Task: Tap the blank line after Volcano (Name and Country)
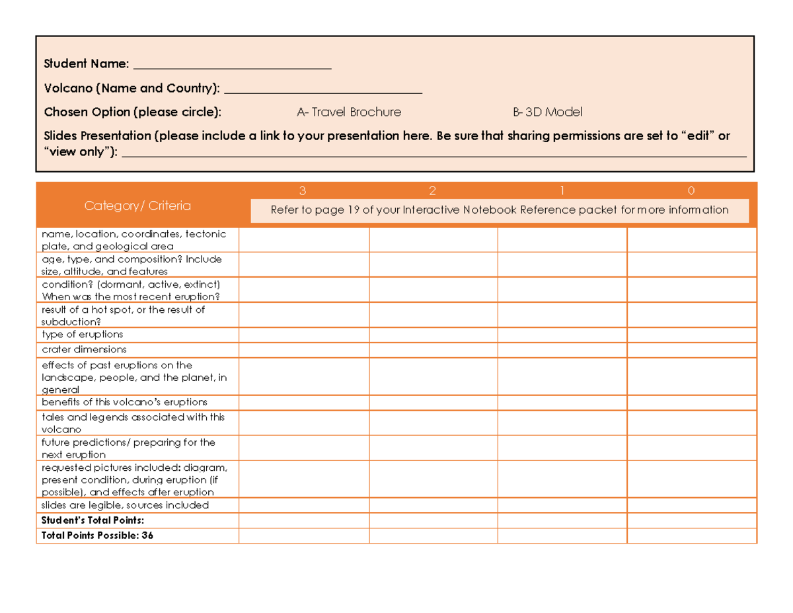323,90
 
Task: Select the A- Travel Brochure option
349,112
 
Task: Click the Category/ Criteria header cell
137,206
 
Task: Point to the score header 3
303,191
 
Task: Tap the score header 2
432,191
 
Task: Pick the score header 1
562,191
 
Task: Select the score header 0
691,191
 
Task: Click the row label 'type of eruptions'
83,335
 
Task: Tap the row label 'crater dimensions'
84,349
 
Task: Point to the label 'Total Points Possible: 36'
97,536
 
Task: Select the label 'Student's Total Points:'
93,520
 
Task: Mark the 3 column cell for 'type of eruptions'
303,335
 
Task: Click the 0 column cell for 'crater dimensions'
691,350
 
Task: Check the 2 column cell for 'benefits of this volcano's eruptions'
433,402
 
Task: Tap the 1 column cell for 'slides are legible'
562,505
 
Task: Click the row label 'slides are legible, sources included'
125,505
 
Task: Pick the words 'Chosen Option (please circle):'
133,112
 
